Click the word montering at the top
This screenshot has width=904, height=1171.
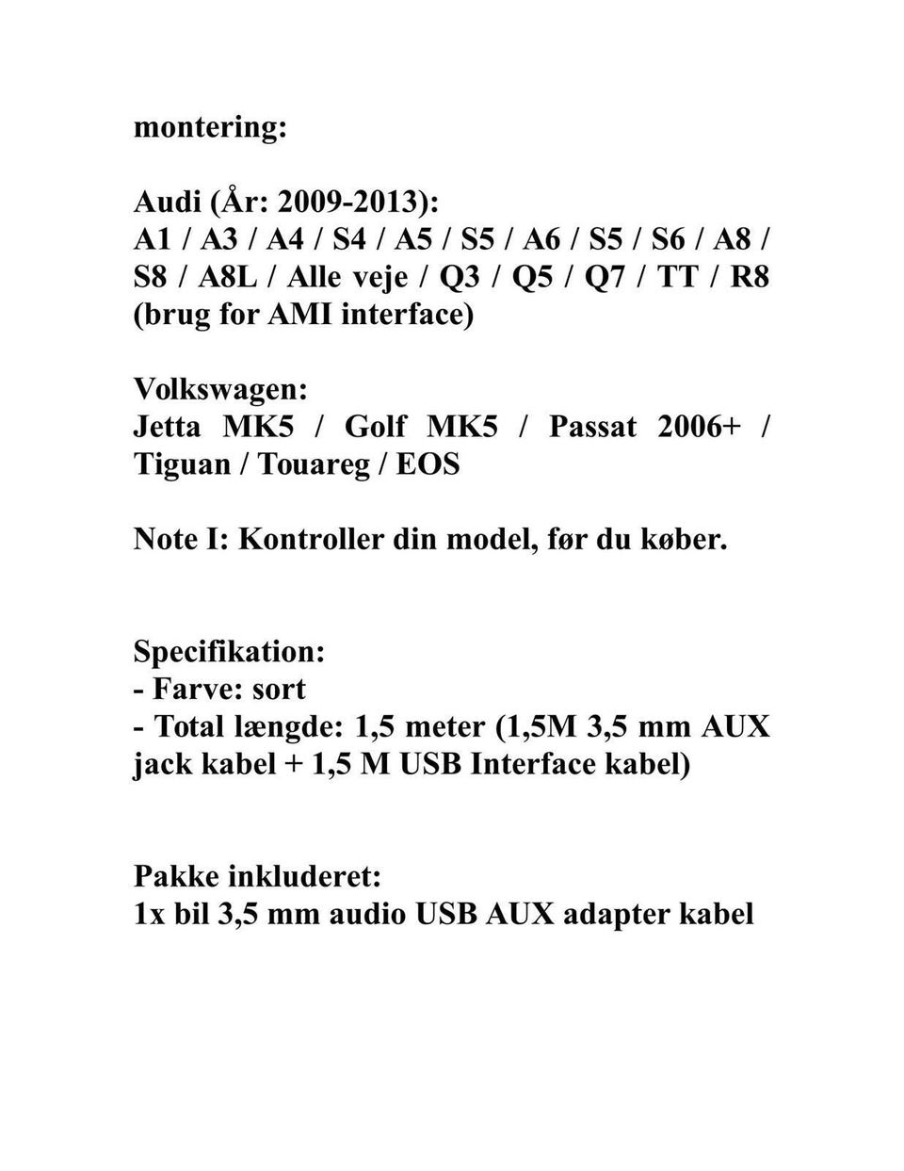click(209, 127)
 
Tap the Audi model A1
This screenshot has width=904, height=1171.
click(153, 239)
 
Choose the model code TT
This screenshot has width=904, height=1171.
click(678, 277)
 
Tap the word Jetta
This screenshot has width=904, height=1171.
click(167, 427)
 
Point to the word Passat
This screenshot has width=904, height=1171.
click(592, 427)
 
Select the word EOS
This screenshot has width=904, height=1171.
click(428, 464)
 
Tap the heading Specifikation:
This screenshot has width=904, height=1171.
click(230, 652)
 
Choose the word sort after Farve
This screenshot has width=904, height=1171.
click(279, 689)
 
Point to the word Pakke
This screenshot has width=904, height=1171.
click(175, 877)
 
